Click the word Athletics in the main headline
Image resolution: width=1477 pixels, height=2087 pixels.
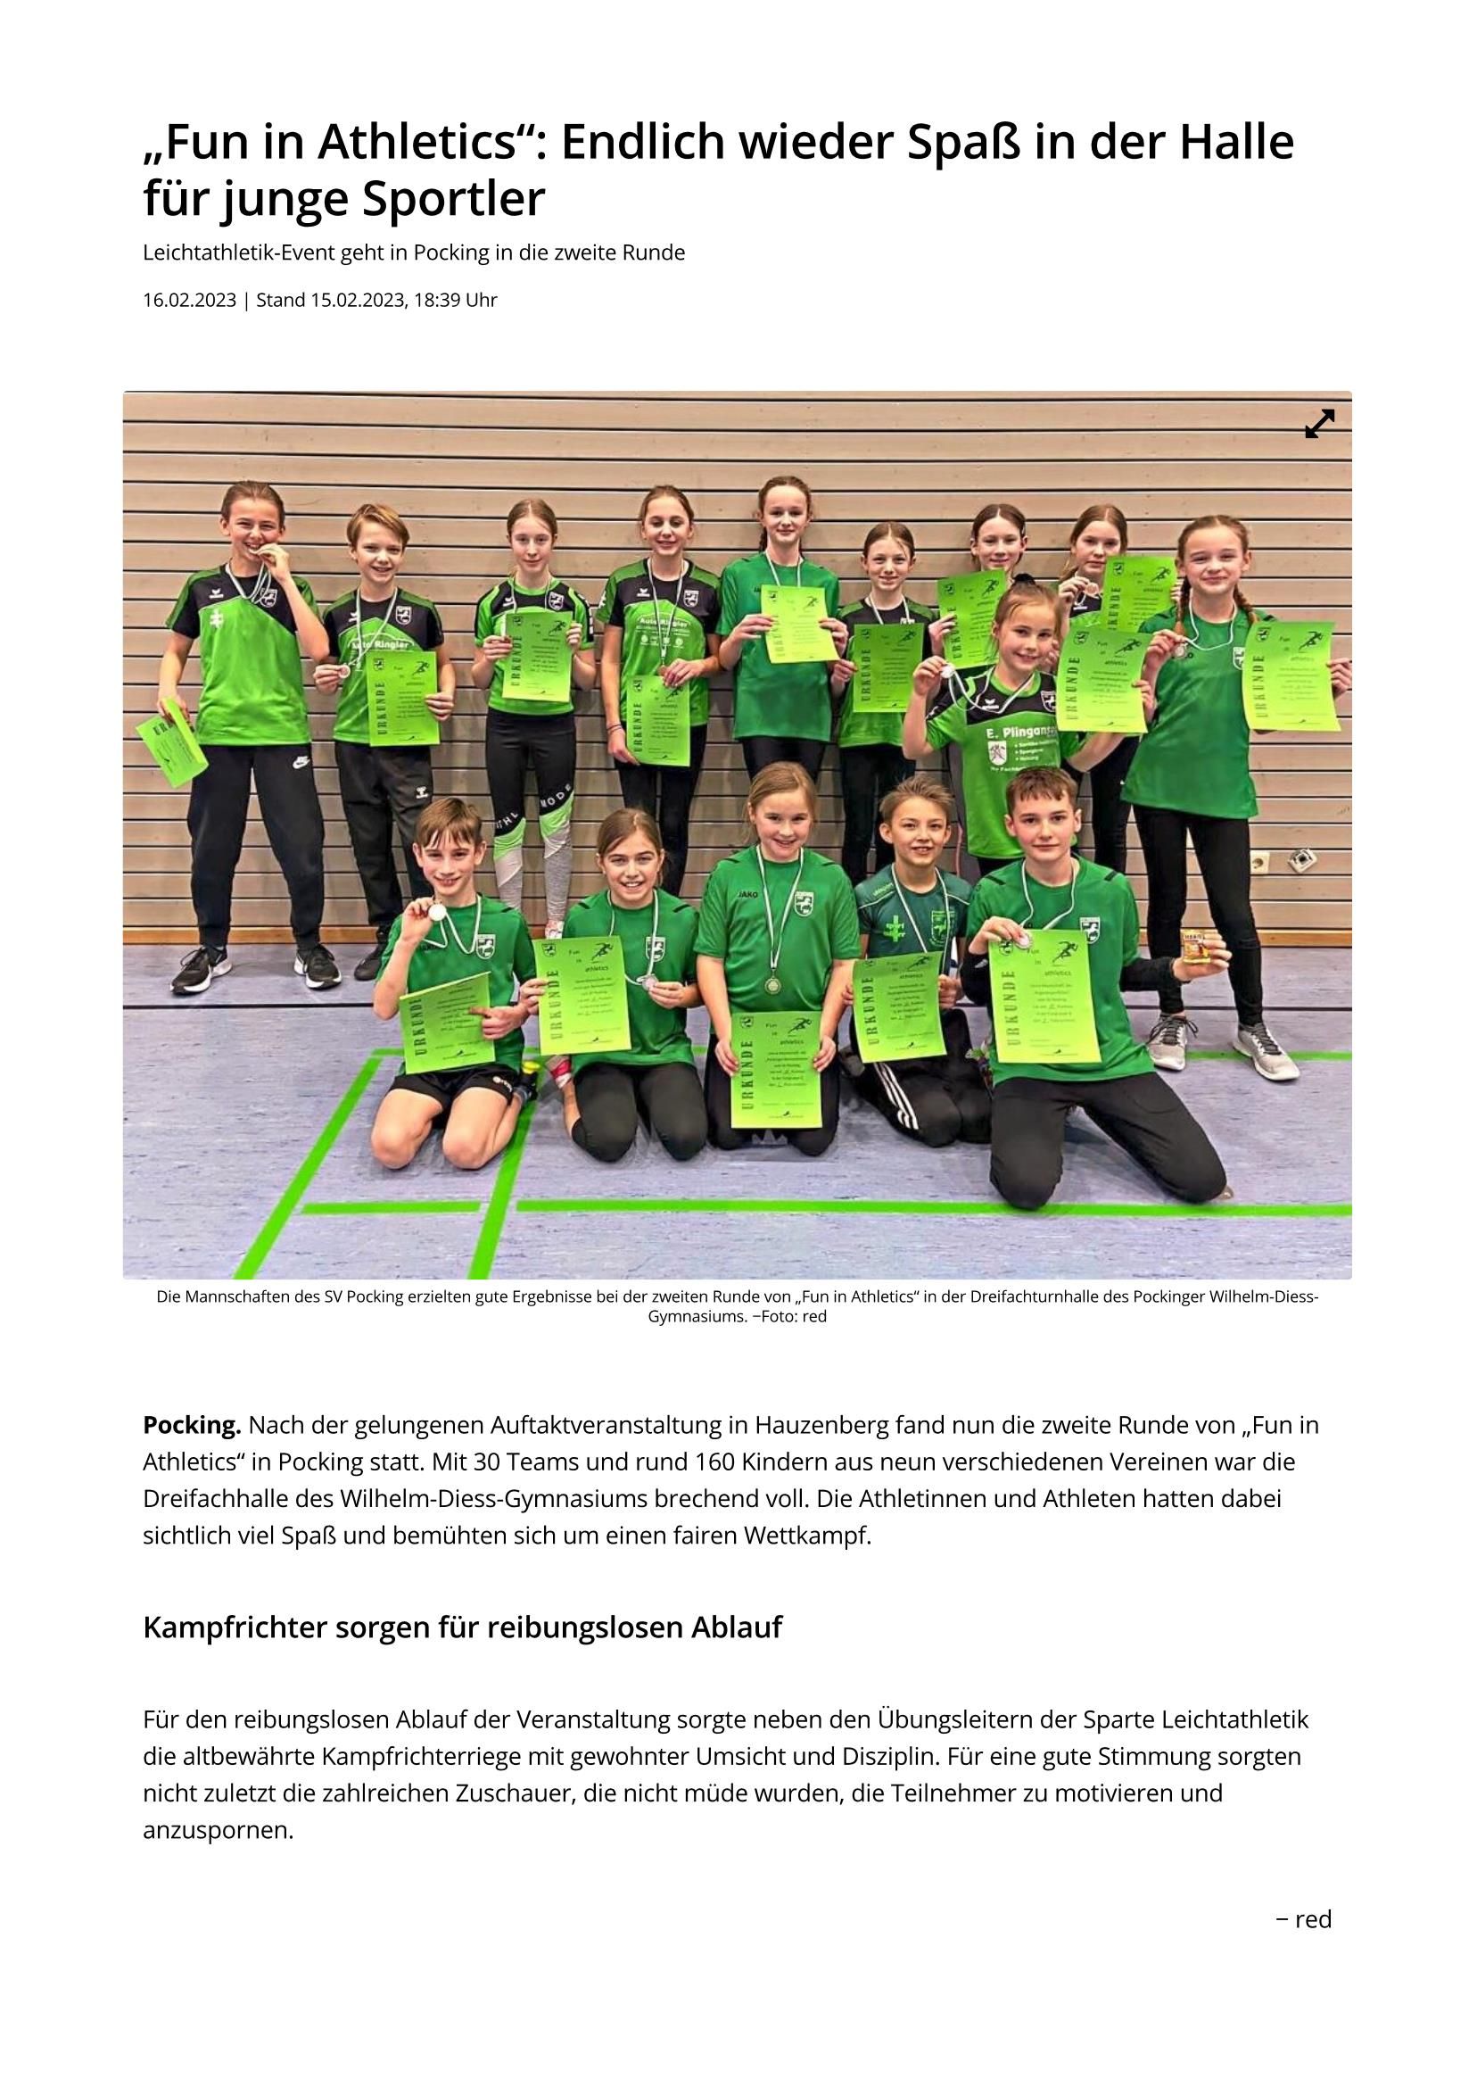[426, 141]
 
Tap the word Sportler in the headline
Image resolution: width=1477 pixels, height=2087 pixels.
[454, 199]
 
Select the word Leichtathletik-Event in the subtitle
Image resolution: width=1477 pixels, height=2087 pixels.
[238, 253]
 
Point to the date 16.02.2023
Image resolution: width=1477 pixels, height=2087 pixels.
[189, 300]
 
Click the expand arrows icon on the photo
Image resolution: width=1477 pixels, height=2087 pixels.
[1319, 423]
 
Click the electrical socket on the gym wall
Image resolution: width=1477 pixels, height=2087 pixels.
[1260, 861]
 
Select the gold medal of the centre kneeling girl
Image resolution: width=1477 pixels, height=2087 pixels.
[772, 984]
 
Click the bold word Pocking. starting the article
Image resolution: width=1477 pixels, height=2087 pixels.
[192, 1425]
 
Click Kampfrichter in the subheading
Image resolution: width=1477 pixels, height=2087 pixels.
[235, 1627]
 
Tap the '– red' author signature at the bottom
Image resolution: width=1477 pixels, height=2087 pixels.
[1303, 1918]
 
